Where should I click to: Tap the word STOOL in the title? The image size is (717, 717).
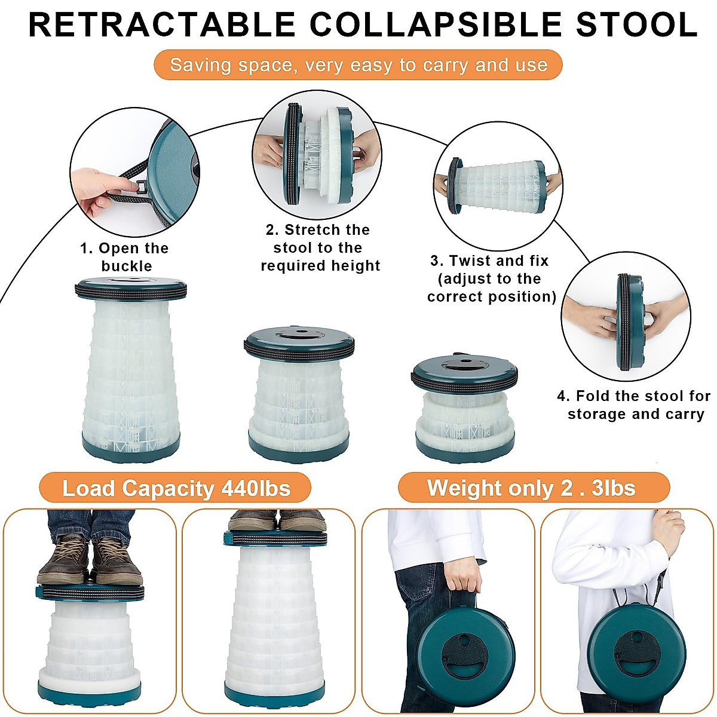tap(636, 25)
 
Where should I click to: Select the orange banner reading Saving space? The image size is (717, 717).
tap(358, 65)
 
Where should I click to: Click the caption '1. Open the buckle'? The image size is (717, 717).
tap(125, 257)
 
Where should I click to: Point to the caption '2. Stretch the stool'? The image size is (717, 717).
tap(320, 247)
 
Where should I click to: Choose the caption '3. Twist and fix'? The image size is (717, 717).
tap(491, 278)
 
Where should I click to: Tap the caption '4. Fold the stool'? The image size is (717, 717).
tap(635, 405)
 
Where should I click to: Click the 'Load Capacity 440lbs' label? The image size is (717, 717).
tap(176, 488)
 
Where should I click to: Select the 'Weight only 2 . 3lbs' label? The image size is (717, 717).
tap(532, 488)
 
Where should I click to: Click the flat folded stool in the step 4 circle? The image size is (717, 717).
tap(629, 315)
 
